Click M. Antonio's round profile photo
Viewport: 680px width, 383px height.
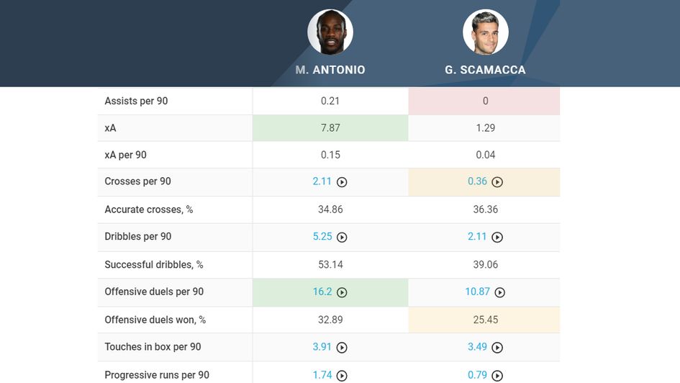coord(330,32)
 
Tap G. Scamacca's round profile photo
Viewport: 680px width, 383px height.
coord(486,32)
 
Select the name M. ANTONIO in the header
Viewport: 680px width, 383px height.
coord(330,70)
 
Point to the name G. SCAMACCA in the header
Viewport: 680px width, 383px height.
coord(485,70)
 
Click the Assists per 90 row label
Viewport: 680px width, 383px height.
coord(136,101)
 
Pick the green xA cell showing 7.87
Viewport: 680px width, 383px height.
coord(330,128)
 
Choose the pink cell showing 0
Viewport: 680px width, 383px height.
coord(484,101)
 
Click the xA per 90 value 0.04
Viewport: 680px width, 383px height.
coord(485,155)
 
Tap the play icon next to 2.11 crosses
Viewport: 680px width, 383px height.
coord(343,182)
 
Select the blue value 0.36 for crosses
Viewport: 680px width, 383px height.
coord(477,181)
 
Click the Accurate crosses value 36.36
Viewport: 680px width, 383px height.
coord(485,209)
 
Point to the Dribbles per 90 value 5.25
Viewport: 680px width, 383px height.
coord(322,236)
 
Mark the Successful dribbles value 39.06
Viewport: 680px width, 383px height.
coord(485,264)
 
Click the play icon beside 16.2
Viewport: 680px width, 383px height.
coord(343,292)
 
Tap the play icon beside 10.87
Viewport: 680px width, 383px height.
coord(500,292)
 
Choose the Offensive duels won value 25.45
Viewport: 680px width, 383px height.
coord(485,320)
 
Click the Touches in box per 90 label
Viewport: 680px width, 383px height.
coord(153,347)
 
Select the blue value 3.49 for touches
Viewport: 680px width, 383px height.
coord(477,347)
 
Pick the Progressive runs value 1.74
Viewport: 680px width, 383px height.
coord(322,374)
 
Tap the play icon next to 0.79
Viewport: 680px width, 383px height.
coord(497,375)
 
